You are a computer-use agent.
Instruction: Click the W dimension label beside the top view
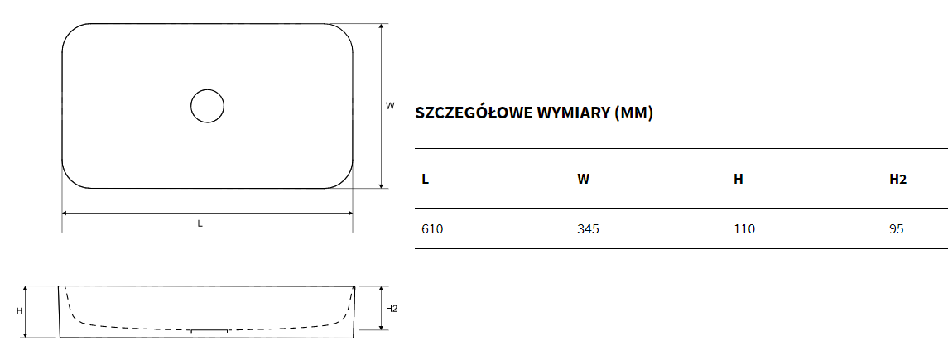click(390, 105)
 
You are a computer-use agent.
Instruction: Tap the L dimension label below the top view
click(200, 223)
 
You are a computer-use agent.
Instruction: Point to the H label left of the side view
click(19, 311)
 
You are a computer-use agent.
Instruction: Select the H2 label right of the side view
click(392, 309)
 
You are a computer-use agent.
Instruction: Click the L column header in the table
click(425, 180)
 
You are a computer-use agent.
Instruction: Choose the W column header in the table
click(584, 180)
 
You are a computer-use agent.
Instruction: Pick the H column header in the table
click(739, 180)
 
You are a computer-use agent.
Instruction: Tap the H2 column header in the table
click(897, 180)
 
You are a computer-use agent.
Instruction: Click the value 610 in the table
click(431, 229)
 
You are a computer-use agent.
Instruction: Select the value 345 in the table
click(589, 229)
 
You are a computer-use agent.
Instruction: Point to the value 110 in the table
click(744, 229)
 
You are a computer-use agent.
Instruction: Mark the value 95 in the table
click(897, 229)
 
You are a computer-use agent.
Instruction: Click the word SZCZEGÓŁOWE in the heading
click(474, 113)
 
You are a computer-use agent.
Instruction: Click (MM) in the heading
click(633, 113)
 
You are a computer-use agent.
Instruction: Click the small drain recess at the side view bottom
click(209, 331)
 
